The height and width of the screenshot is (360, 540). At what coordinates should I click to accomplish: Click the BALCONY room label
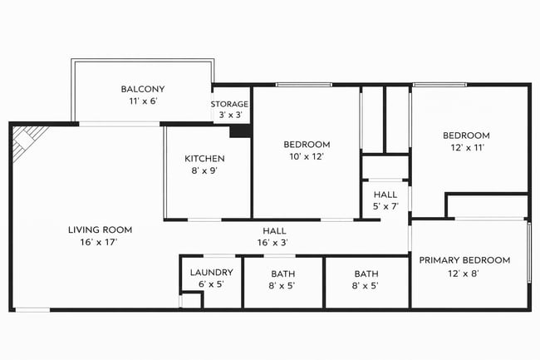click(142, 89)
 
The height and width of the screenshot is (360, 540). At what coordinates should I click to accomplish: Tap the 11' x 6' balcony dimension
click(142, 101)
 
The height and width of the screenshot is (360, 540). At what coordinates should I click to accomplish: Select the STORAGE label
click(229, 104)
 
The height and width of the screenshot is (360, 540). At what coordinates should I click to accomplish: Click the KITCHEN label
click(204, 158)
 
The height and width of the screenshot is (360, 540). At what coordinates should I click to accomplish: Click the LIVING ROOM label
click(100, 229)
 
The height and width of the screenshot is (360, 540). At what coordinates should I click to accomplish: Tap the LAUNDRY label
click(211, 272)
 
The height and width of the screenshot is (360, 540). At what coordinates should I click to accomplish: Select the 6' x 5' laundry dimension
click(211, 284)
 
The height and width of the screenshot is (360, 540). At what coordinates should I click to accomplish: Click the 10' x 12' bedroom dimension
click(307, 155)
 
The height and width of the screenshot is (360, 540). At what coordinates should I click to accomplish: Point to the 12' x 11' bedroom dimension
click(465, 147)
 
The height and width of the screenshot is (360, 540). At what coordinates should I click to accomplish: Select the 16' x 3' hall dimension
click(274, 242)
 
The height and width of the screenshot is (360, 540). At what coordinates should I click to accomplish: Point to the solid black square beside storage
click(240, 131)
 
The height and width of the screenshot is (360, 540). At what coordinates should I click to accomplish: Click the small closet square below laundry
click(190, 301)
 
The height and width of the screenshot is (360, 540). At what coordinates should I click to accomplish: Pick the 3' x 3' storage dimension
click(229, 116)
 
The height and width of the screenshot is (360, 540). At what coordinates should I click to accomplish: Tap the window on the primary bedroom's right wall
click(528, 253)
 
